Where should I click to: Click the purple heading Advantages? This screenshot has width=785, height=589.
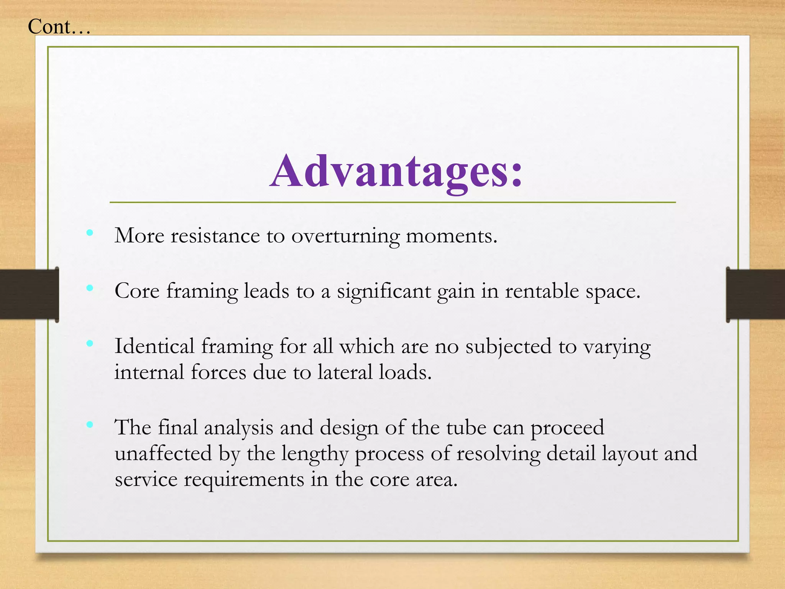[396, 171]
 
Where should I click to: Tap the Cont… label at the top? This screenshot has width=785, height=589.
[59, 27]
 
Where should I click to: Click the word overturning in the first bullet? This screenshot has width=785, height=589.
[345, 236]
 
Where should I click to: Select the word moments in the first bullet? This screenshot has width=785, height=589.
[451, 236]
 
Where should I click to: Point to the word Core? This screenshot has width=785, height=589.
[137, 291]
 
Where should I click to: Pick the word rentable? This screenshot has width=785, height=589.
[542, 291]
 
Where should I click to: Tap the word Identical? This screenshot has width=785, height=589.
[154, 346]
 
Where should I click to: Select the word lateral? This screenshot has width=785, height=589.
[345, 372]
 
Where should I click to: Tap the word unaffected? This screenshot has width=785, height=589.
[163, 454]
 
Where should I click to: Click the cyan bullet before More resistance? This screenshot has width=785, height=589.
[90, 232]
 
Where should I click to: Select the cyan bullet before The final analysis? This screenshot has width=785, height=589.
[90, 424]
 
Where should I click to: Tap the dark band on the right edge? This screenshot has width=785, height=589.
[755, 294]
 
